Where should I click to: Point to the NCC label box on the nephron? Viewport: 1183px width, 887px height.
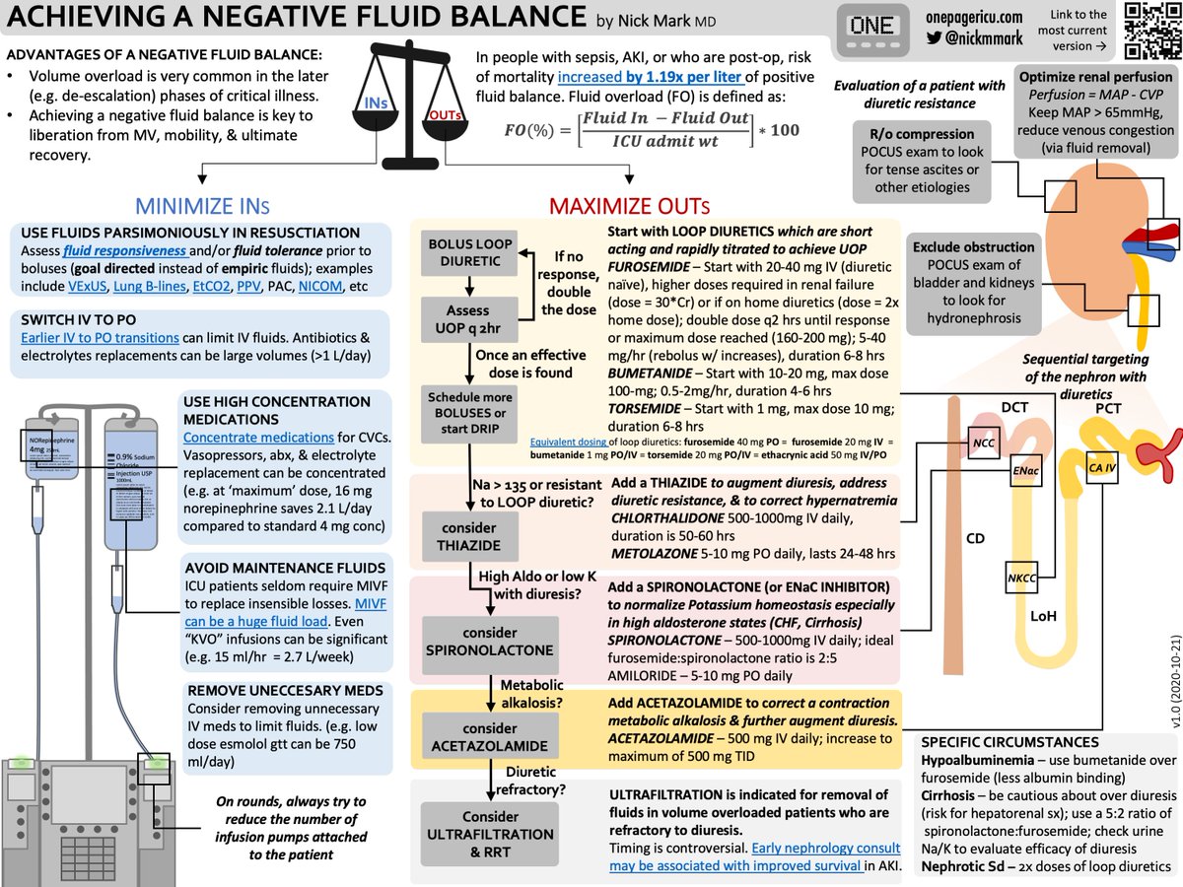(983, 443)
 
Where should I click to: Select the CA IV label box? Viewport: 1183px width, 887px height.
(1101, 465)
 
